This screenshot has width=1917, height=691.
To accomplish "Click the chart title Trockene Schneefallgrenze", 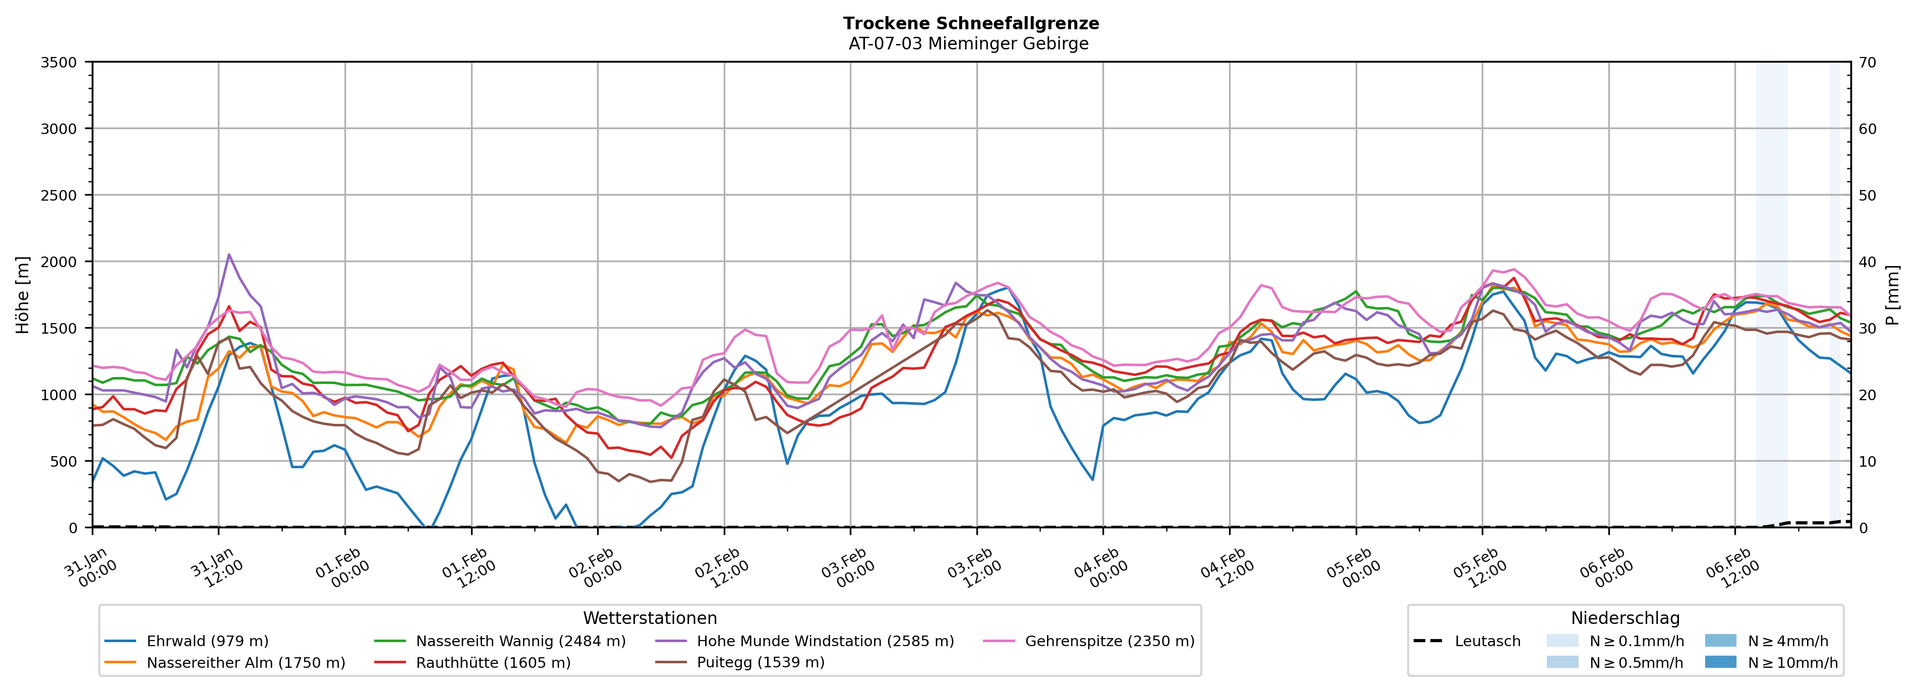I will point(970,23).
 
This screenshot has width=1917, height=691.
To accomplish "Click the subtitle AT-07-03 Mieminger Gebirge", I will point(968,44).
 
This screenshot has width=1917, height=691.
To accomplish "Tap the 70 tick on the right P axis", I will point(1867,62).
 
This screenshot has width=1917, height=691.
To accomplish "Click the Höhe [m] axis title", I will point(22,295).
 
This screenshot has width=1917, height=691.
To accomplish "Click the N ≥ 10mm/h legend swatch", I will point(1720,662).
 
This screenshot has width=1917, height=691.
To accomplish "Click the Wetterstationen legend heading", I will point(650,618).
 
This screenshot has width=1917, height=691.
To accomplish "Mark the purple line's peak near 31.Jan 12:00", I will point(228,255).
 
